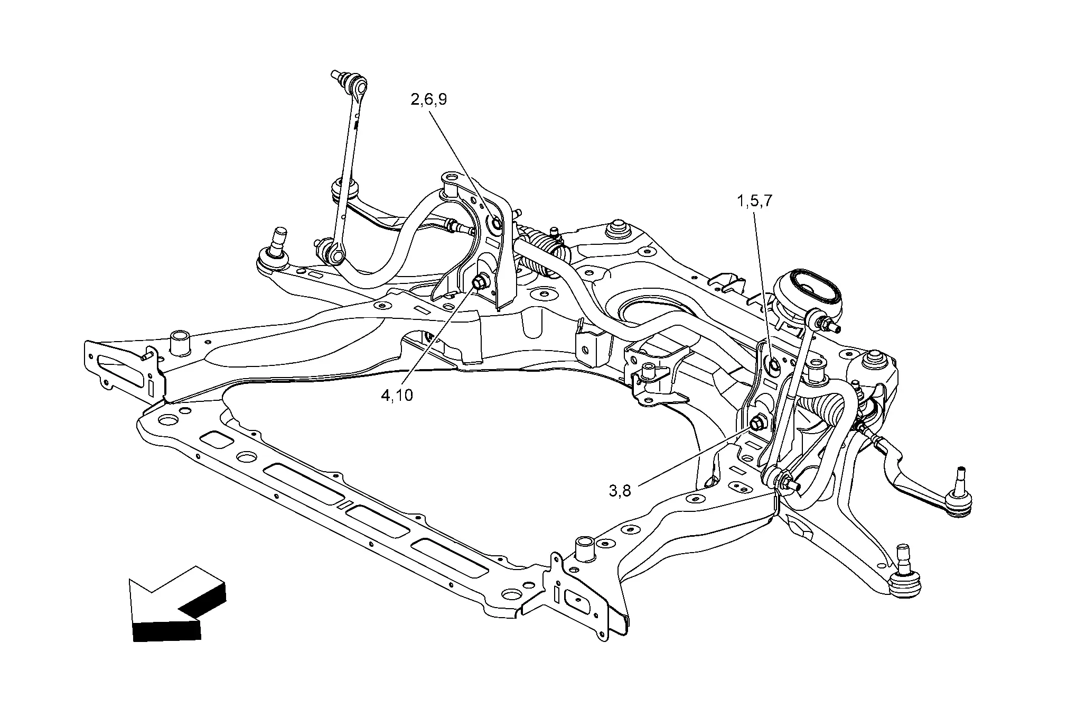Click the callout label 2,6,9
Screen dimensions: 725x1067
tap(428, 99)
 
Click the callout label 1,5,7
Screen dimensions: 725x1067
tap(755, 201)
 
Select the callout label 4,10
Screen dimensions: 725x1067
tap(397, 394)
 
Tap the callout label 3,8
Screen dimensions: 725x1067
tap(620, 491)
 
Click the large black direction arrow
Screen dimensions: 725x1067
tap(174, 603)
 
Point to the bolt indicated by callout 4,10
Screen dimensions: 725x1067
tap(481, 282)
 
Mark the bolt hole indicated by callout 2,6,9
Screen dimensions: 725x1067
tap(497, 224)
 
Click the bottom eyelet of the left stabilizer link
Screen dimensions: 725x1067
tap(335, 255)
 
